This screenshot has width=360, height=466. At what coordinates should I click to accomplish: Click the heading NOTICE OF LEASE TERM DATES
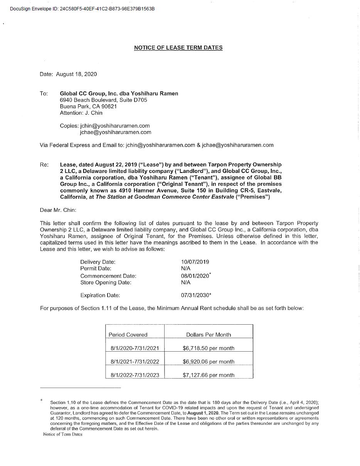tap(178, 48)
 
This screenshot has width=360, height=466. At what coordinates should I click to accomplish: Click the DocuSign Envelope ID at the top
tap(82, 8)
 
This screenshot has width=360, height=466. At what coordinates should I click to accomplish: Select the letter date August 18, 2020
tap(76, 74)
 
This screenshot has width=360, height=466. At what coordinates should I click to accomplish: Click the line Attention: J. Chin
tap(81, 113)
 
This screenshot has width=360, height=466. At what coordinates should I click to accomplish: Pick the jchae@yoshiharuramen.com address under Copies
tap(115, 132)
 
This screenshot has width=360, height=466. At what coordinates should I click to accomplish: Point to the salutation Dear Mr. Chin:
tap(58, 210)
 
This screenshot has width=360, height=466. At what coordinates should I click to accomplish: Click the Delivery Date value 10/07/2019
tap(195, 262)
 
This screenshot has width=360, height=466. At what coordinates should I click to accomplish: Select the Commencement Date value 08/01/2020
tap(195, 276)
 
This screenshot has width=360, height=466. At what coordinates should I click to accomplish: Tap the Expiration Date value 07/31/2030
tap(195, 295)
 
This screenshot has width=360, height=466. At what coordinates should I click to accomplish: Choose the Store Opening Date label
tap(106, 282)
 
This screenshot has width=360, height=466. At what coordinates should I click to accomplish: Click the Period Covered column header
tap(128, 335)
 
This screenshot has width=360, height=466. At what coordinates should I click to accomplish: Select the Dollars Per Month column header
tap(209, 335)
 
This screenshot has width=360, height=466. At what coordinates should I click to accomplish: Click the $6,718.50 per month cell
tap(209, 348)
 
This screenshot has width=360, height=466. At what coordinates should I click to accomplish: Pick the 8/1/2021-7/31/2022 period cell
tap(135, 362)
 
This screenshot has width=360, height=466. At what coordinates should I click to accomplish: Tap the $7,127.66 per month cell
tap(209, 375)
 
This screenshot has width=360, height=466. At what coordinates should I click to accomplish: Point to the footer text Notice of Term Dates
tap(63, 434)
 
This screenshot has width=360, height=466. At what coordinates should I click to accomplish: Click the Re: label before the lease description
tap(44, 165)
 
